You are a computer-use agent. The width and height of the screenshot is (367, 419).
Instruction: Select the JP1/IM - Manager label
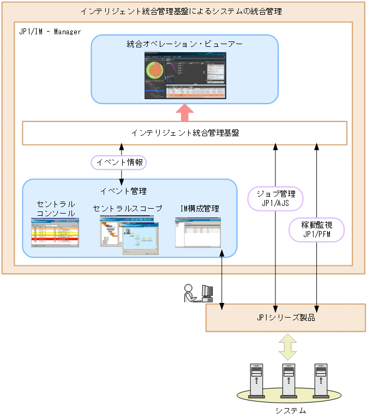pos(50,32)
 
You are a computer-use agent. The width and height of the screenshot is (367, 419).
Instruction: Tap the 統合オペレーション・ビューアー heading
pos(184,44)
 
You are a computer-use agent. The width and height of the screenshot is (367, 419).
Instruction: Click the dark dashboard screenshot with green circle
pos(184,75)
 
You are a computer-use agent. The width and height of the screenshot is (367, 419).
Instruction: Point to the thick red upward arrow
pos(185,112)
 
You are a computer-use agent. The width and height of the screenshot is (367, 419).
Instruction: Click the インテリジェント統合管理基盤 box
pos(184,133)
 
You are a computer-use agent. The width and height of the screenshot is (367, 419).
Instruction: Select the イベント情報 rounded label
pos(118,162)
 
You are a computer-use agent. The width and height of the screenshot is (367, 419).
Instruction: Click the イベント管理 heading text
pos(123,191)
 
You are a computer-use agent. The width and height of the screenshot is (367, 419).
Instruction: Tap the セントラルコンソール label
pos(56,209)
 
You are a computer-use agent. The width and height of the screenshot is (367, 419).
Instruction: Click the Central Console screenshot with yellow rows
pos(55,233)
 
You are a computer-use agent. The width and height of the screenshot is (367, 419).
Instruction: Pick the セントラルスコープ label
pos(127,209)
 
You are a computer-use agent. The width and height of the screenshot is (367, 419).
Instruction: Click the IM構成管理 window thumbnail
pos(198,233)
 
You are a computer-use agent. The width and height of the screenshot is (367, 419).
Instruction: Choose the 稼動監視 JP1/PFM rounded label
pos(316,229)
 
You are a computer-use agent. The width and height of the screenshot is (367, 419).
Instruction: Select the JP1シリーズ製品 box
pos(285,318)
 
